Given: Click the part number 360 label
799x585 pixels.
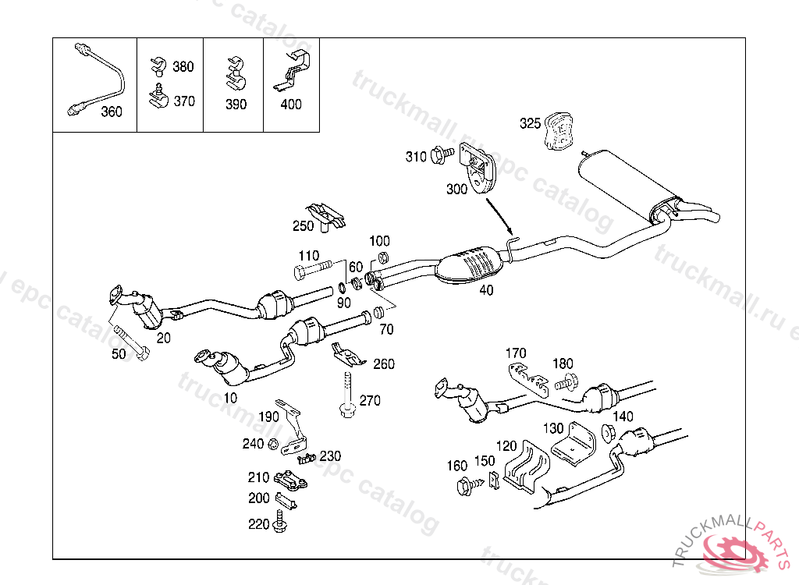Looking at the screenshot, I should pyautogui.click(x=112, y=112).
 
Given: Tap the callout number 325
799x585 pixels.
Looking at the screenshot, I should pyautogui.click(x=530, y=123).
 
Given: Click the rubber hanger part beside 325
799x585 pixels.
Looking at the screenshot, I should pyautogui.click(x=559, y=131).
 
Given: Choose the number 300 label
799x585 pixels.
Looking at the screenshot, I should pyautogui.click(x=456, y=189).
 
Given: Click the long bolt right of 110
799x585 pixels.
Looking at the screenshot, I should pyautogui.click(x=316, y=271).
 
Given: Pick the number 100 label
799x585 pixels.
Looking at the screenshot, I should pyautogui.click(x=379, y=241).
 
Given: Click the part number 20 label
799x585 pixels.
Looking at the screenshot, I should pyautogui.click(x=163, y=337).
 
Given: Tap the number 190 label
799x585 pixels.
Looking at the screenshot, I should pyautogui.click(x=268, y=417).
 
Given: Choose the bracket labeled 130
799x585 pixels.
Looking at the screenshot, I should pyautogui.click(x=576, y=445).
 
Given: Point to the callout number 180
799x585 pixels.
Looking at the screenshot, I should pyautogui.click(x=563, y=363).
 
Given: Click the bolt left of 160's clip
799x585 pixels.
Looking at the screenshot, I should pyautogui.click(x=467, y=486).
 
